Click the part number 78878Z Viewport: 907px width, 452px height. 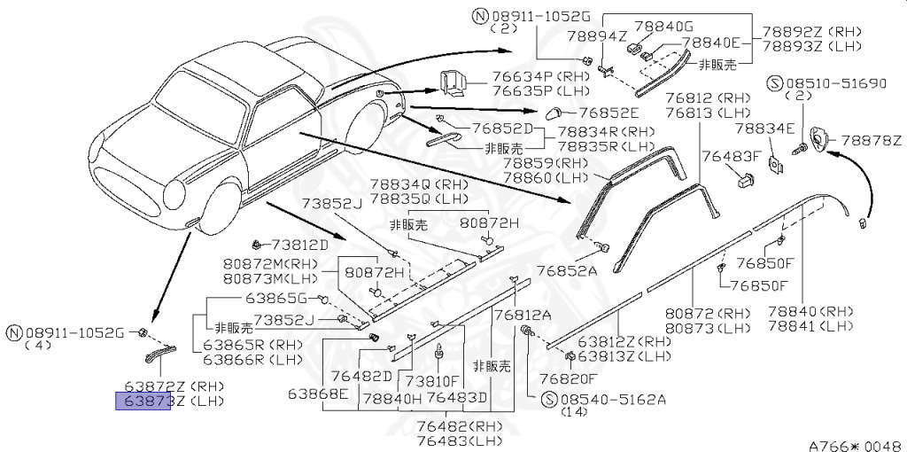tap(871, 140)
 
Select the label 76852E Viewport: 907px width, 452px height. tap(608, 113)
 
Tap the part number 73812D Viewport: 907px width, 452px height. tap(299, 245)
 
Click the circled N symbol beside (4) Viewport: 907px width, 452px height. tap(12, 333)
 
